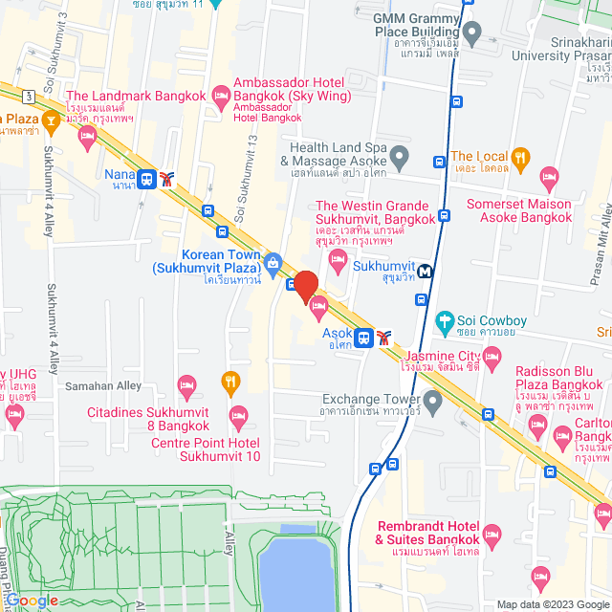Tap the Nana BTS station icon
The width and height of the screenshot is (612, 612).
147,178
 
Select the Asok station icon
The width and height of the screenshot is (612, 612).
363,337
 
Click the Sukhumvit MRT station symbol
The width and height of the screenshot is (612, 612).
425,271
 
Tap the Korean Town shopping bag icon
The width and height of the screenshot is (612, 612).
273,262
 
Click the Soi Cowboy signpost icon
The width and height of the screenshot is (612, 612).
443,321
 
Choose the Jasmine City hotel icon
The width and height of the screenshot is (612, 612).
492,360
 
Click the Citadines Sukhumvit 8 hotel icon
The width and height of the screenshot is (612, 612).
187,385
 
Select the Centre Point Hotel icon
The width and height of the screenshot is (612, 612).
239,415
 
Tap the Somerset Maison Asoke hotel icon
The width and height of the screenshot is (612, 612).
549,178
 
